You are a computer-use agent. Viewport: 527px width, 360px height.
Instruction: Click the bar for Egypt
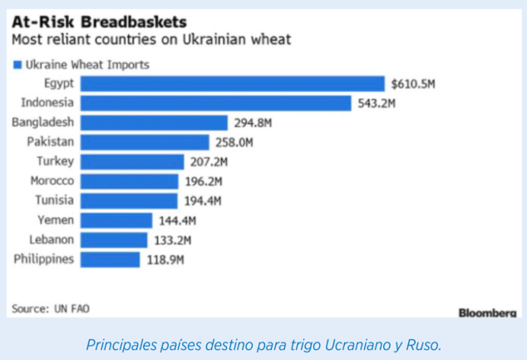click(x=232, y=83)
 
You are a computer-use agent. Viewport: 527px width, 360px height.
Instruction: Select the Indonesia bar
click(x=216, y=103)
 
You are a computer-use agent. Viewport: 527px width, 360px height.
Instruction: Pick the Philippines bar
click(x=111, y=259)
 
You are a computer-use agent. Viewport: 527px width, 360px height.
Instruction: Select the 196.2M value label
click(x=202, y=181)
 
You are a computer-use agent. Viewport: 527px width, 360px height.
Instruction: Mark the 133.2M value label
click(x=173, y=240)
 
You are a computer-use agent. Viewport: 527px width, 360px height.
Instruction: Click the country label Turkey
click(x=56, y=161)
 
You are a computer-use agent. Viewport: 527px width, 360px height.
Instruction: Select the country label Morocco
click(x=52, y=181)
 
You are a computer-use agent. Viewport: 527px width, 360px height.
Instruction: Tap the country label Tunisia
click(x=55, y=200)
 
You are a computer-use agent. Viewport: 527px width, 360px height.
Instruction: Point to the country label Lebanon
click(x=52, y=239)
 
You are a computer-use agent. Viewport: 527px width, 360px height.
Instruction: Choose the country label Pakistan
click(x=51, y=141)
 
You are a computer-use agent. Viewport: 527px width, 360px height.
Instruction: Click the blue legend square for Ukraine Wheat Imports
click(x=17, y=64)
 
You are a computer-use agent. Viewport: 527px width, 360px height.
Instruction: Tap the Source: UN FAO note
click(x=50, y=308)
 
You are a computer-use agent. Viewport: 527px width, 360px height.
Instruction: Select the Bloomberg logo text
click(x=487, y=312)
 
